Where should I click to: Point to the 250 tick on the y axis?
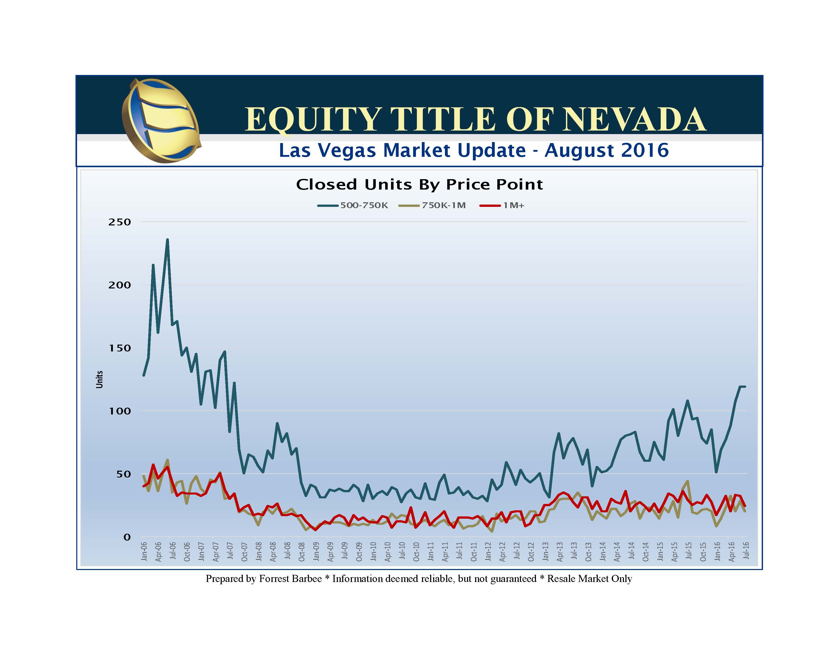pyautogui.click(x=119, y=222)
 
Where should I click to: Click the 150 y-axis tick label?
pyautogui.click(x=119, y=348)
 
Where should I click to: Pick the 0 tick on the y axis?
pyautogui.click(x=127, y=537)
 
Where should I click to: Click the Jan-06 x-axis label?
pyautogui.click(x=144, y=551)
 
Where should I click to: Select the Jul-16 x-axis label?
pyautogui.click(x=746, y=551)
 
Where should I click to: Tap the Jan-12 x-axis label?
pyautogui.click(x=488, y=551)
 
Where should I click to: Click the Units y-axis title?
pyautogui.click(x=99, y=379)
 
